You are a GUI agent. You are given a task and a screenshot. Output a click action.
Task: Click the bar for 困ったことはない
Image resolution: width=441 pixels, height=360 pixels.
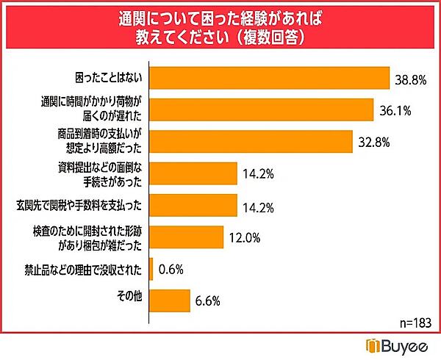(269, 77)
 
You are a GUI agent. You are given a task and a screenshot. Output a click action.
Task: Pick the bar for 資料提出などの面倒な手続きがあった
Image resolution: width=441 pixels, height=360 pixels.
(193, 174)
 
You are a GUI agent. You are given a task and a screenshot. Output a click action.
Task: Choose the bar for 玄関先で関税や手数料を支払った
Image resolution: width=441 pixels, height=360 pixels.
(193, 205)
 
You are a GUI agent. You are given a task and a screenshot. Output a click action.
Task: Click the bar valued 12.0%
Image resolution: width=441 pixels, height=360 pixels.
(187, 237)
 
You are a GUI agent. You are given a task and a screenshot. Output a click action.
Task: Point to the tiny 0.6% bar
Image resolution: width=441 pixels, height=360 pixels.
(151, 269)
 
